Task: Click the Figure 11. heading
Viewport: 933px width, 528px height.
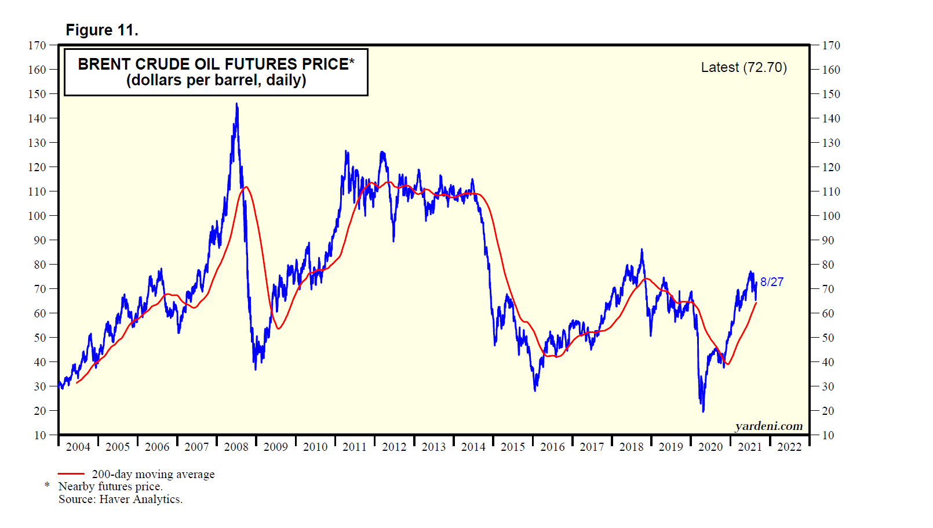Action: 102,30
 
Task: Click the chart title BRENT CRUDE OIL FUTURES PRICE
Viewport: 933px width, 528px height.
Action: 216,64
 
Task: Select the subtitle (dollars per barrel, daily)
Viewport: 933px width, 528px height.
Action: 216,80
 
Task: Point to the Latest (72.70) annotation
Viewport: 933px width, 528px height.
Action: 744,67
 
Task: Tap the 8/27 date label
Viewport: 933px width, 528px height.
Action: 772,282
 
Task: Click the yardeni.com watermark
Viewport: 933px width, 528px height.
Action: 768,426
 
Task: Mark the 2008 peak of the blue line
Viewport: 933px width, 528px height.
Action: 236,104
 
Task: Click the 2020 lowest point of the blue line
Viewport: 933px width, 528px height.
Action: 703,411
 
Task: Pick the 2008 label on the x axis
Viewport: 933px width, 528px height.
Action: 236,447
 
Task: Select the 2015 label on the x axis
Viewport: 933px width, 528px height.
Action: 513,447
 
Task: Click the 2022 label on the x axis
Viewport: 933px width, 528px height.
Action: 789,447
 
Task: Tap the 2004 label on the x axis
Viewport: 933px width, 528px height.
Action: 78,447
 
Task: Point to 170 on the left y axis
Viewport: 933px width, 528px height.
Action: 37,45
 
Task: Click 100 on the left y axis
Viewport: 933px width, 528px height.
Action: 37,216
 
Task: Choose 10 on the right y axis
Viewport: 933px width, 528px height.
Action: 828,435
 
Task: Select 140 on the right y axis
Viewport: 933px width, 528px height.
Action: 831,118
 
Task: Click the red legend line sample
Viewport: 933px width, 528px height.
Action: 71,474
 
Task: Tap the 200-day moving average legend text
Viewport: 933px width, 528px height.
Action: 153,474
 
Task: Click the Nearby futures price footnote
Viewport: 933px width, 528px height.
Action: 110,486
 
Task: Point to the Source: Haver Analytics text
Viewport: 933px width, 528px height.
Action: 121,499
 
